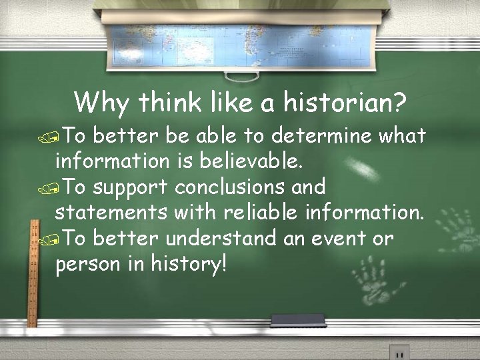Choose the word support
pos(131,187)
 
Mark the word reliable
pos(257,213)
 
